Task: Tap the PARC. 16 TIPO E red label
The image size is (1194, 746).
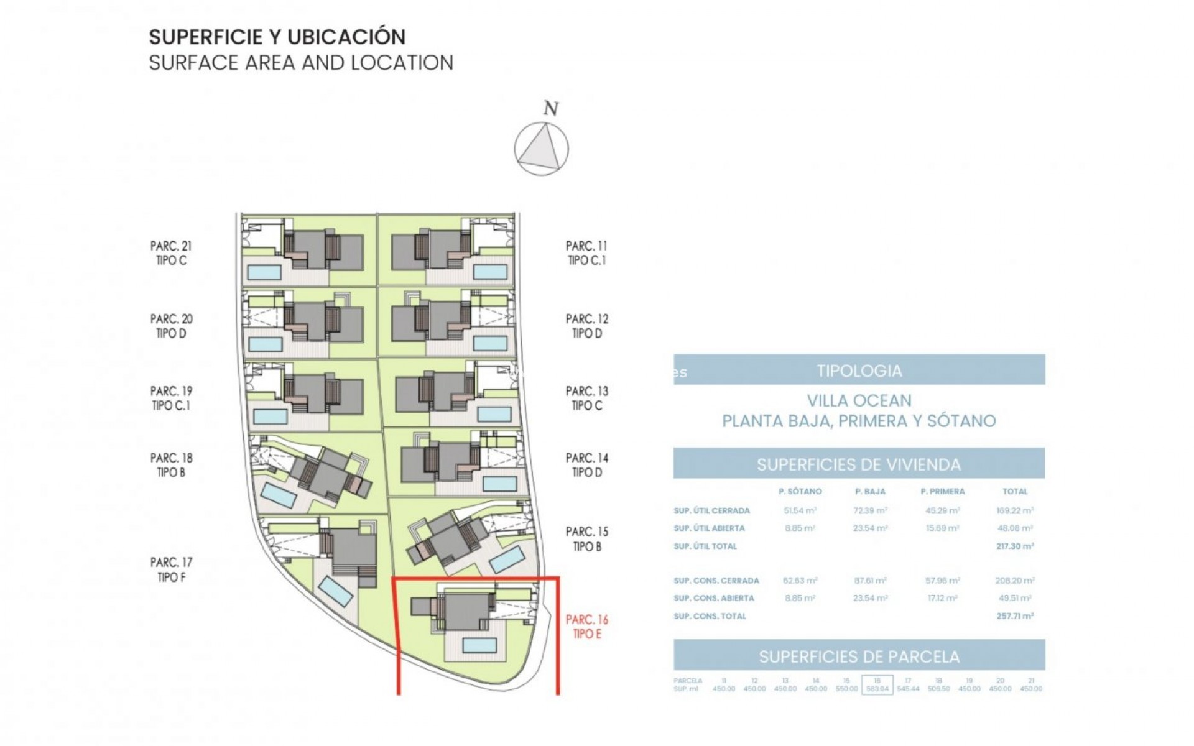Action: [x=586, y=627]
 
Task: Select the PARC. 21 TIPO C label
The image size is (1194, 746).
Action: [x=171, y=253]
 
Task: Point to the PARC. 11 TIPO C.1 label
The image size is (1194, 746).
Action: [x=586, y=253]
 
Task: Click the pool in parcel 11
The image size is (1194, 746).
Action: [x=490, y=272]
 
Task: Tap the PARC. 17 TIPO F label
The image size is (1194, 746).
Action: [x=171, y=569]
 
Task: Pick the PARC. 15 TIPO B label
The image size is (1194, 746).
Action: [x=586, y=539]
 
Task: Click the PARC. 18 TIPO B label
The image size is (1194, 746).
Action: [x=171, y=465]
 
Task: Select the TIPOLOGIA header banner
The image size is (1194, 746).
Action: [x=859, y=371]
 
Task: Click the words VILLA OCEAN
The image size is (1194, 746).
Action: [x=859, y=400]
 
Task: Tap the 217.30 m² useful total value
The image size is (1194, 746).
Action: [x=1014, y=546]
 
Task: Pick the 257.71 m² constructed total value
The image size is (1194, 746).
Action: [x=1014, y=616]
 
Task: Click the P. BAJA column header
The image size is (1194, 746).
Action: [x=870, y=491]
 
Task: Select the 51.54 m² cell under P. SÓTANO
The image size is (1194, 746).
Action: [x=800, y=510]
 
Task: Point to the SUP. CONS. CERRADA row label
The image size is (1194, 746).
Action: [x=716, y=581]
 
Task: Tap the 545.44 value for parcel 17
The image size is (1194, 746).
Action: [x=908, y=689]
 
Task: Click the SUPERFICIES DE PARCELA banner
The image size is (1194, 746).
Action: [x=859, y=656]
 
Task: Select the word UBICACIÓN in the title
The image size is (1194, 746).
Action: [x=347, y=37]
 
